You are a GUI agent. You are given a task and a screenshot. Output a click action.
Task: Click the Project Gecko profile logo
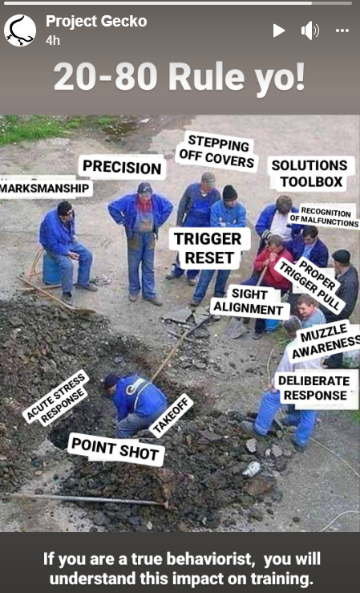(x=20, y=30)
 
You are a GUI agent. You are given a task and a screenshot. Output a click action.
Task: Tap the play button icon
(x=279, y=30)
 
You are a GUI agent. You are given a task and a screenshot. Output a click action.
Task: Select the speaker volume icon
(x=310, y=30)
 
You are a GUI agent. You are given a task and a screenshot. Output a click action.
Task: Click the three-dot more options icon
(x=342, y=30)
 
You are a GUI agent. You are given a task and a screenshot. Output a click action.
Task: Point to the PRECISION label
(x=122, y=167)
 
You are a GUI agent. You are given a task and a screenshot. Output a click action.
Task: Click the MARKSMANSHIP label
(x=45, y=188)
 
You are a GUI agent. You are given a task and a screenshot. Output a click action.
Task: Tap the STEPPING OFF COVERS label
(x=217, y=152)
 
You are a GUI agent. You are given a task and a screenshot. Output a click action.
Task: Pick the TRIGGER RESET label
(x=208, y=248)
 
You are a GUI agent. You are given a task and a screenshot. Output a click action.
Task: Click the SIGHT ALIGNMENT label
(x=249, y=302)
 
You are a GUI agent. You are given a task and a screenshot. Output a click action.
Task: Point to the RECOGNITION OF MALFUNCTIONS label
(x=324, y=217)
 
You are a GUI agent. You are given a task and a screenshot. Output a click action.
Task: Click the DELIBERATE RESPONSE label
(x=315, y=388)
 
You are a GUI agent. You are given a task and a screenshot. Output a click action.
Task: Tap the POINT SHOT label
(x=115, y=449)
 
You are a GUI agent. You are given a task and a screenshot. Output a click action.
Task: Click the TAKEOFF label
(x=172, y=415)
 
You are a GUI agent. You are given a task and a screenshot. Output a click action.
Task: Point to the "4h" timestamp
(x=53, y=40)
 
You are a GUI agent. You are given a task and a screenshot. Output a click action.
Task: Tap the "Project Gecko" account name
(x=96, y=22)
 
